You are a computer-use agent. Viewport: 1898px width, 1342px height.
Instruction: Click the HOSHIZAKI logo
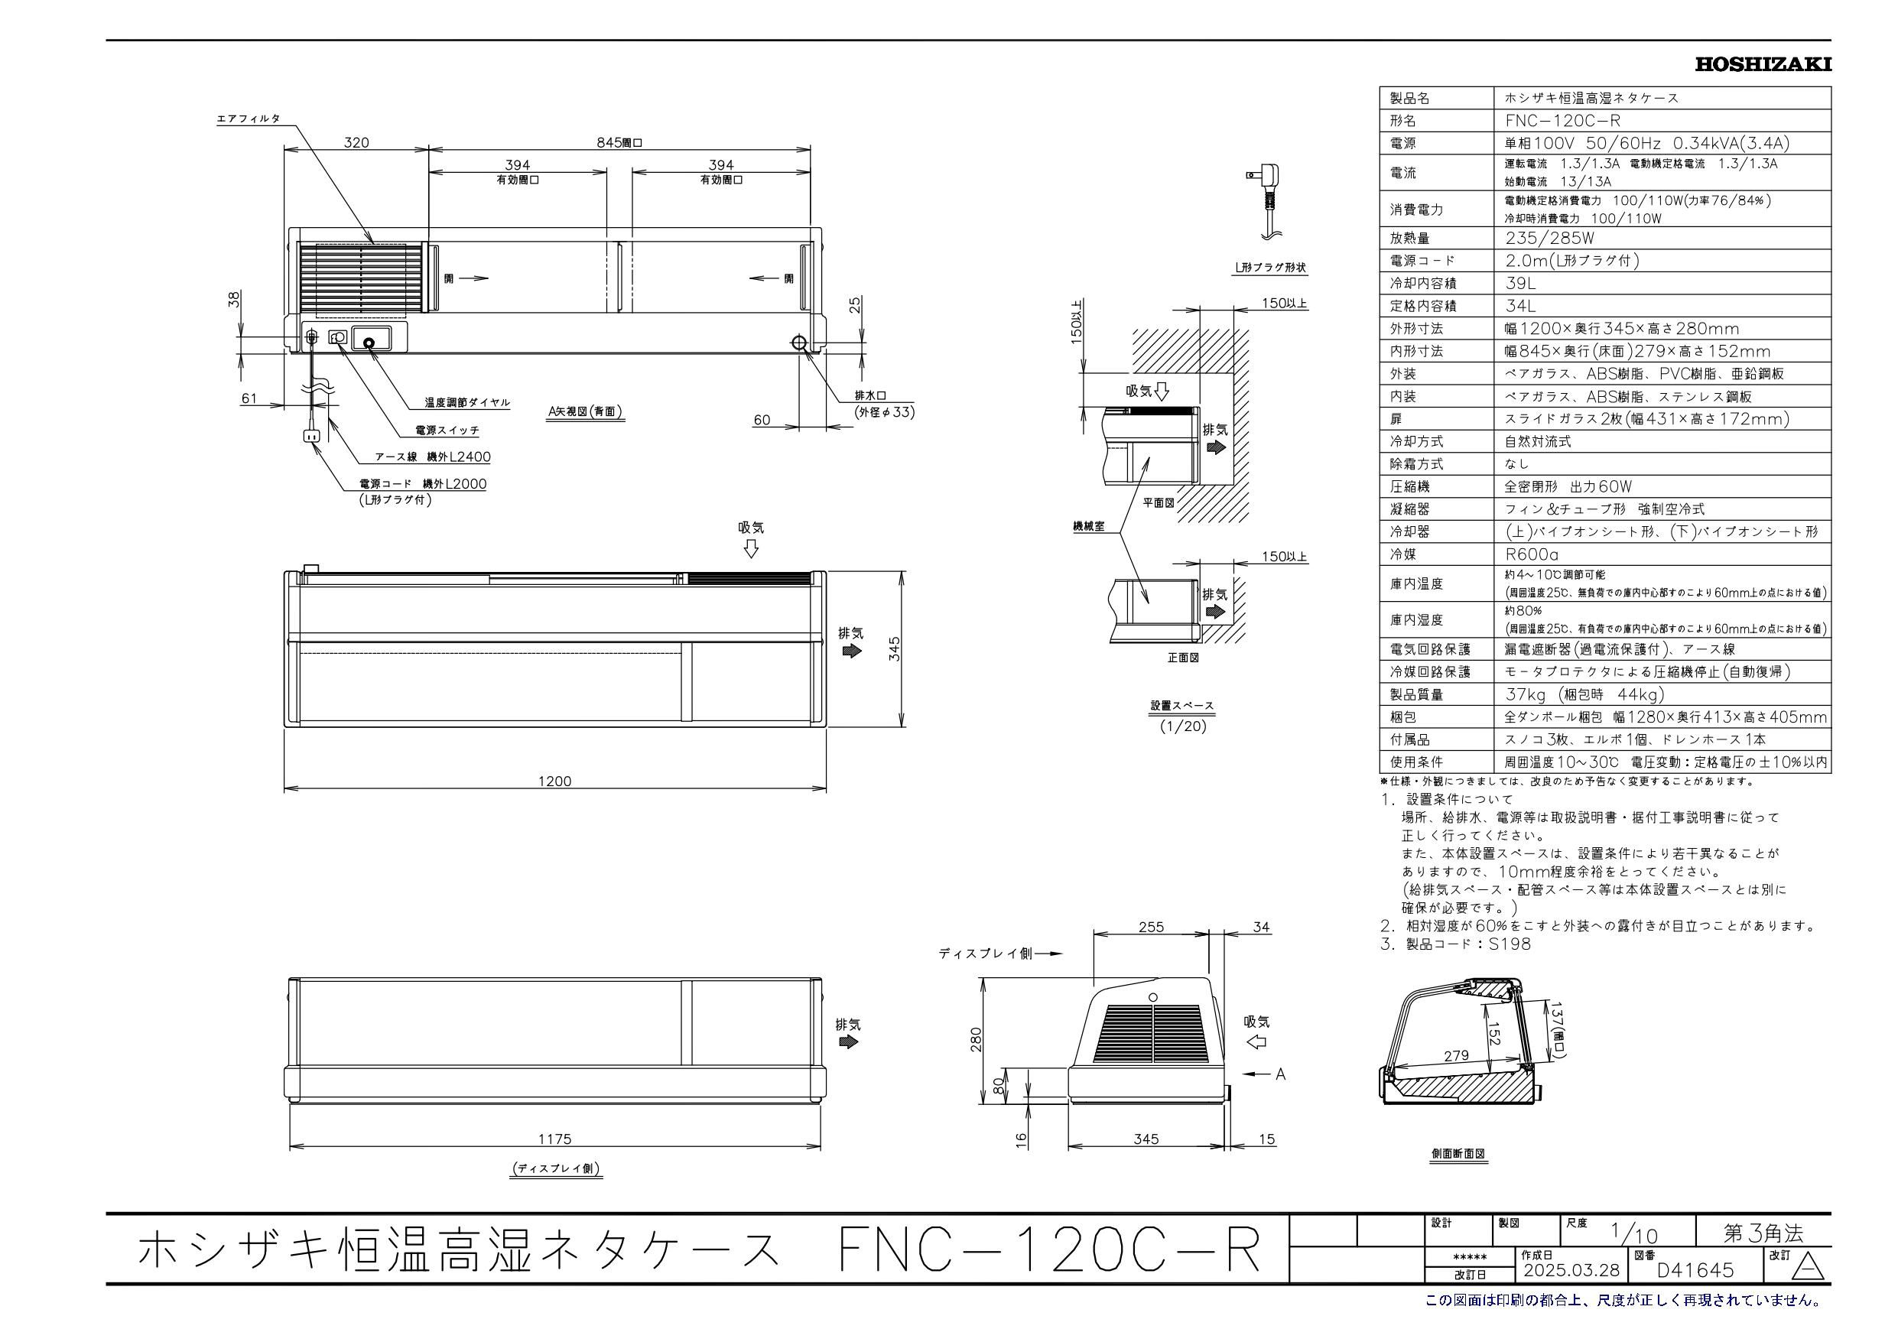pos(1763,64)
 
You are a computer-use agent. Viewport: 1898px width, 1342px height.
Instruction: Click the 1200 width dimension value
pos(554,781)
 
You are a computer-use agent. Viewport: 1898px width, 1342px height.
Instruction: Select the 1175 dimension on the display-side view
pos(554,1139)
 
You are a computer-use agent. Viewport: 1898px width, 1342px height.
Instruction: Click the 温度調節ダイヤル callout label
pos(467,403)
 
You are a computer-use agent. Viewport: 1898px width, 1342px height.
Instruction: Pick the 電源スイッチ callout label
pos(447,430)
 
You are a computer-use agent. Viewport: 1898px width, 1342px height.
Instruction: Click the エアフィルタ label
pos(248,119)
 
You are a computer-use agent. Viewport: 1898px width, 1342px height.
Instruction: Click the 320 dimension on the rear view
pos(356,142)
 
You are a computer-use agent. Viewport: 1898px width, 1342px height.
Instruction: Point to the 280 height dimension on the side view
pos(977,1038)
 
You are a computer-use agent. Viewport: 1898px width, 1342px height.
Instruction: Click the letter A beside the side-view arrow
pos(1280,1074)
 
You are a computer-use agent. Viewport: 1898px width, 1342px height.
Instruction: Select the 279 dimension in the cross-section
pos(1457,1055)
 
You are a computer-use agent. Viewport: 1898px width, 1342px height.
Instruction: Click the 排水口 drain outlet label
pos(869,395)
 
